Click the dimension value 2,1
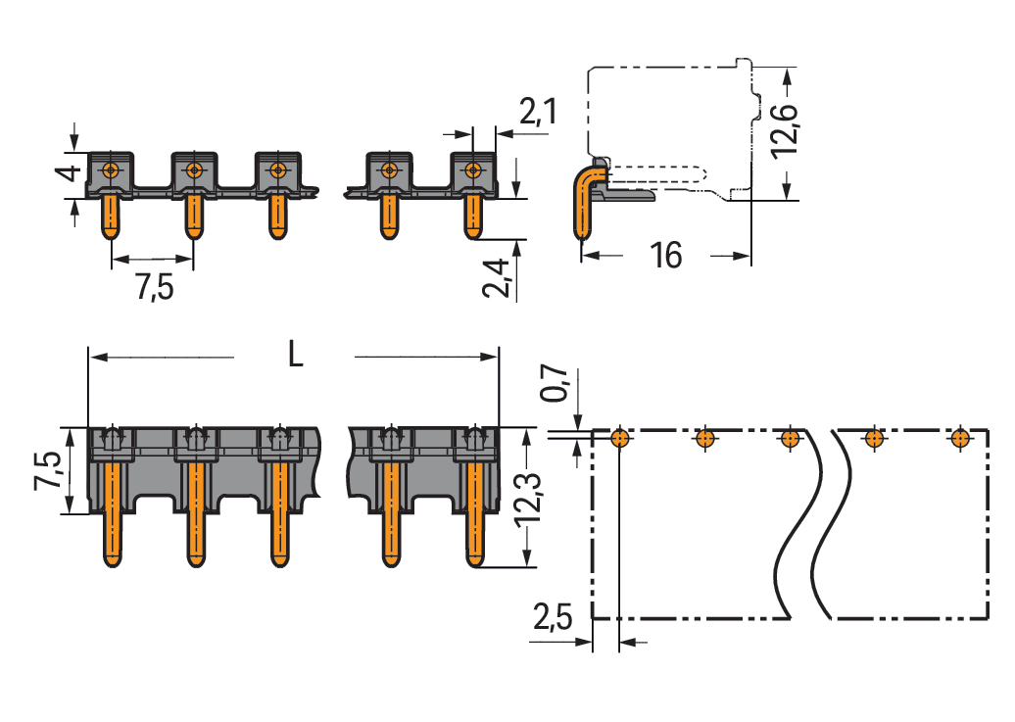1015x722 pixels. coord(538,114)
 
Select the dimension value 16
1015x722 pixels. coord(665,256)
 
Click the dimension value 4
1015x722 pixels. coord(65,175)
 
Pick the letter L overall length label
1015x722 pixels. coord(295,355)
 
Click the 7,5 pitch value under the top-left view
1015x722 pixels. coord(153,287)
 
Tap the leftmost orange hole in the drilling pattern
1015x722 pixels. coord(619,438)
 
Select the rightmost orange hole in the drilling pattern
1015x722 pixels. coord(961,438)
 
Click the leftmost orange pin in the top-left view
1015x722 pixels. coord(111,216)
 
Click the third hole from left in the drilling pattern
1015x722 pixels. coord(789,438)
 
